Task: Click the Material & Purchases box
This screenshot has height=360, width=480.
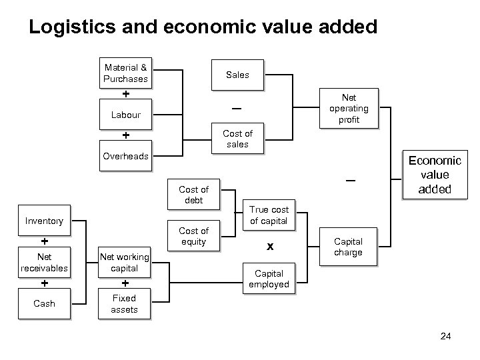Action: click(x=125, y=73)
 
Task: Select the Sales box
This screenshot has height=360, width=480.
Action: click(x=237, y=75)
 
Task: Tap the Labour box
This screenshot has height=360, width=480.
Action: click(x=125, y=115)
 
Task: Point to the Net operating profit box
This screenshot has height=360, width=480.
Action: click(x=349, y=108)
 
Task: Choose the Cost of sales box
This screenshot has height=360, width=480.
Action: click(x=237, y=139)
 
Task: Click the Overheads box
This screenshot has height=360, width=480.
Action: click(x=125, y=156)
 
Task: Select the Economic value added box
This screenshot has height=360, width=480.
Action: click(x=434, y=175)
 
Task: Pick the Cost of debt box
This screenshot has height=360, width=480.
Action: click(x=193, y=195)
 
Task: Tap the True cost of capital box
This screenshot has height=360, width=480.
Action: click(x=269, y=215)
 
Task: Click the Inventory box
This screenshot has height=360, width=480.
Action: click(x=44, y=221)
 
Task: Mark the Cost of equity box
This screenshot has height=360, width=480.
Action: click(x=193, y=236)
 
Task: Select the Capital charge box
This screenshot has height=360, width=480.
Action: click(x=348, y=247)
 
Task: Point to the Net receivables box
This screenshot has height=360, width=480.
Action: click(x=44, y=262)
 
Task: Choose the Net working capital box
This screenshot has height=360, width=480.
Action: click(x=124, y=263)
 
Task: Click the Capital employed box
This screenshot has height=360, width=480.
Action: click(x=269, y=279)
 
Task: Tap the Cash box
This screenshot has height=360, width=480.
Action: click(x=44, y=303)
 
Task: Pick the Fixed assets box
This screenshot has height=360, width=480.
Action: click(x=124, y=303)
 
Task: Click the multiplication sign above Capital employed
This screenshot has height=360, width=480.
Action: click(x=269, y=247)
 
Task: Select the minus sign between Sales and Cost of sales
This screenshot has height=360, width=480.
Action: click(x=237, y=109)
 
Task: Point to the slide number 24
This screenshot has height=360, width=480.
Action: click(x=446, y=336)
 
